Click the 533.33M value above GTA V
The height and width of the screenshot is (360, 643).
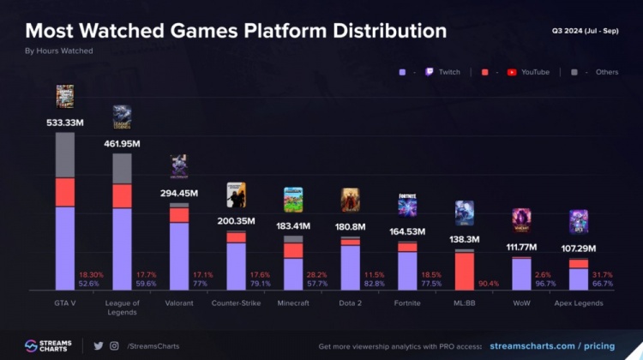(x=65, y=123)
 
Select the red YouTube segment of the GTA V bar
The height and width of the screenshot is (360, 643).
(x=65, y=192)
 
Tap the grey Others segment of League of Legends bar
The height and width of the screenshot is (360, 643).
(x=123, y=168)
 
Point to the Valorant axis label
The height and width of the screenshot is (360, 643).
(x=179, y=303)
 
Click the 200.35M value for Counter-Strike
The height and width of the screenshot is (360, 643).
(x=237, y=221)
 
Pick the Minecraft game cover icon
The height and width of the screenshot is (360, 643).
(x=293, y=200)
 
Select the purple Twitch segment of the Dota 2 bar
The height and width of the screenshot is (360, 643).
(x=351, y=267)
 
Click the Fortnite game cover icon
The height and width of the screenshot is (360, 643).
(x=407, y=205)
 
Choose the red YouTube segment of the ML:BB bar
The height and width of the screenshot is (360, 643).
(x=465, y=271)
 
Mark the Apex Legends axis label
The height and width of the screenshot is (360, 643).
(x=579, y=303)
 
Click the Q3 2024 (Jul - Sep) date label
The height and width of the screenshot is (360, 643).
(x=585, y=30)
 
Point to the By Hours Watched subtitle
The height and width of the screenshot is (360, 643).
(x=59, y=51)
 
